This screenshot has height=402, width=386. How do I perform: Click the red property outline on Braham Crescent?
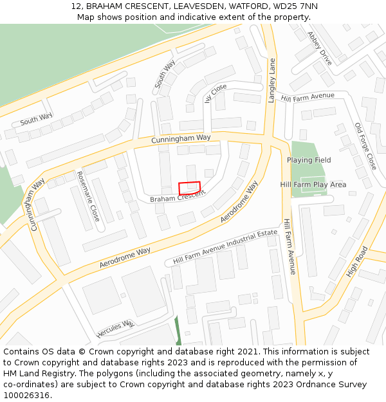(189, 188)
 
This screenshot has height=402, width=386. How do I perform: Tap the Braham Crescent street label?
(178, 199)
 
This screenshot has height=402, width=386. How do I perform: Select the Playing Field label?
(309, 160)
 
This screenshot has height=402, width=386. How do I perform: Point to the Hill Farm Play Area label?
(313, 185)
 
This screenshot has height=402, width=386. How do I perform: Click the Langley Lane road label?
(272, 80)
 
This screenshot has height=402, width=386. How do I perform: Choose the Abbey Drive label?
(320, 48)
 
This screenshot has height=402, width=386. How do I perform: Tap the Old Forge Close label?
(365, 146)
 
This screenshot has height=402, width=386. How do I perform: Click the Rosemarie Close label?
(88, 196)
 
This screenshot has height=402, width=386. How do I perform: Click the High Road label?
(356, 261)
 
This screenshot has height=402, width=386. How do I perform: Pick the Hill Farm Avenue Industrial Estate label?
(225, 247)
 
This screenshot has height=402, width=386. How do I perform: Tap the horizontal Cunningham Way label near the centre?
(181, 138)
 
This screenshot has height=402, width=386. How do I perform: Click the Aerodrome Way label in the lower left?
(125, 258)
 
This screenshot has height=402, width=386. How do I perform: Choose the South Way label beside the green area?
(36, 120)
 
